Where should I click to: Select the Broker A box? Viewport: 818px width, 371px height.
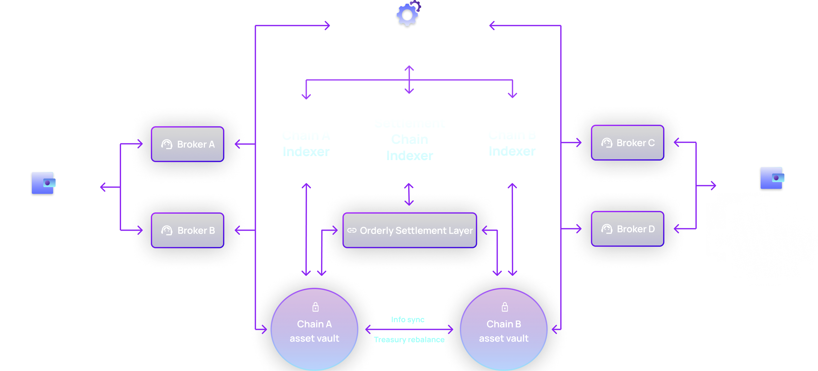tap(187, 144)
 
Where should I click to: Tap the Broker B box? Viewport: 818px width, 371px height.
tap(187, 230)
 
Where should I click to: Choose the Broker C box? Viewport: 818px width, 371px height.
tap(627, 143)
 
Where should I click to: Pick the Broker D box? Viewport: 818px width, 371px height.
tap(627, 229)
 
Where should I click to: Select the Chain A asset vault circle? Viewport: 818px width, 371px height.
tap(314, 330)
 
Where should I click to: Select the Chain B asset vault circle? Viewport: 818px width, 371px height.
tap(504, 330)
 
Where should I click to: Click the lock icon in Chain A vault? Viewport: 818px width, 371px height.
tap(315, 307)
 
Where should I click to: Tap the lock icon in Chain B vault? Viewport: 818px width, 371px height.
tap(504, 307)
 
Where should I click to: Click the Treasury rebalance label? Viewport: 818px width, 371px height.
tap(409, 340)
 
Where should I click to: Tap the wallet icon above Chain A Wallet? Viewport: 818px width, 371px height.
tap(43, 183)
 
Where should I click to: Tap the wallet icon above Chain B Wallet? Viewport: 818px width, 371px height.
tap(772, 178)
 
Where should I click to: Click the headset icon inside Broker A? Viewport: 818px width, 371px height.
tap(167, 144)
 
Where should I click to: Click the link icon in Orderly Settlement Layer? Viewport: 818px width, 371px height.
tap(352, 230)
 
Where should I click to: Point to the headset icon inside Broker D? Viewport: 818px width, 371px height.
tap(606, 229)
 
